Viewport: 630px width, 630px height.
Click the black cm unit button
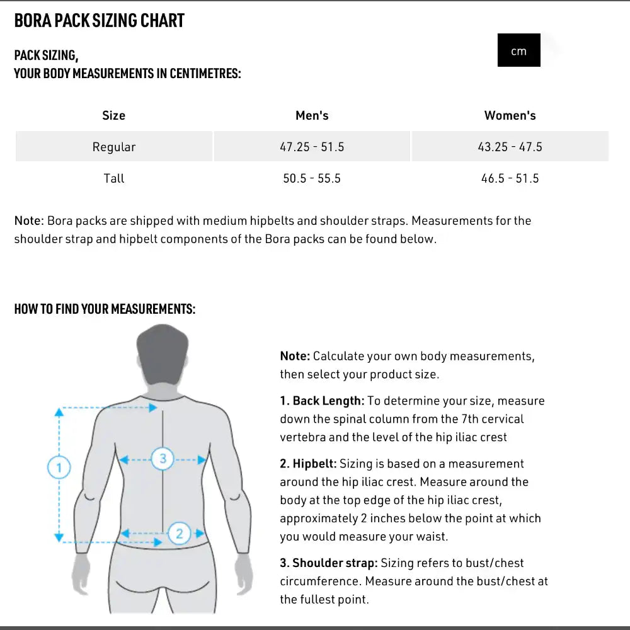[518, 50]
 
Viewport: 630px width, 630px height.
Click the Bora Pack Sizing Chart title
[99, 21]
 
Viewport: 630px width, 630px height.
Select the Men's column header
[312, 115]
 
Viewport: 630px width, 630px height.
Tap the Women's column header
[510, 115]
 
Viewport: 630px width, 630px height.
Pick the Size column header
[113, 115]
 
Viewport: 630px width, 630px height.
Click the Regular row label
[114, 147]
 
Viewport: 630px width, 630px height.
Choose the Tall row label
[114, 178]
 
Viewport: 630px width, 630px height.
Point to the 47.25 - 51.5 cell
[312, 147]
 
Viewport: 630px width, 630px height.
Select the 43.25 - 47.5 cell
[510, 147]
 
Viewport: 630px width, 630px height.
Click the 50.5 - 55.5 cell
[312, 178]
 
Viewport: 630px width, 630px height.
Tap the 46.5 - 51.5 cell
[510, 178]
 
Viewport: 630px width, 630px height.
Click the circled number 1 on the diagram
[59, 467]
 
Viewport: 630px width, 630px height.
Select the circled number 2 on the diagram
[180, 534]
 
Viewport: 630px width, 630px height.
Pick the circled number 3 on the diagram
[163, 458]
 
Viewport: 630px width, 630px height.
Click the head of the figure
[163, 356]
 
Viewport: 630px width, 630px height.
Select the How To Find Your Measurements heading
[105, 309]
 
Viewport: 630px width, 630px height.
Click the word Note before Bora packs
[29, 220]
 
